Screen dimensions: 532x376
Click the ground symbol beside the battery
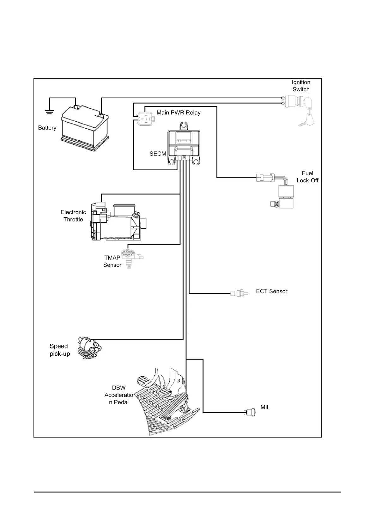click(49, 111)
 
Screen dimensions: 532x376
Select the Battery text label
click(47, 128)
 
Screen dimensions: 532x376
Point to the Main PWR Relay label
click(179, 113)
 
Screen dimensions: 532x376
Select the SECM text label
click(158, 154)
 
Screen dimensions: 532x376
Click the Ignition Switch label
click(301, 86)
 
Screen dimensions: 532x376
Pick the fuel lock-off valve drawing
click(281, 193)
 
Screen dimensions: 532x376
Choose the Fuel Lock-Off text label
click(307, 177)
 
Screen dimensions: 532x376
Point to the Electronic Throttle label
click(73, 216)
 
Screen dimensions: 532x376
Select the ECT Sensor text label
click(272, 291)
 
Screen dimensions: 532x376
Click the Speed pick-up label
click(59, 350)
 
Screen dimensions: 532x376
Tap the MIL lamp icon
click(250, 412)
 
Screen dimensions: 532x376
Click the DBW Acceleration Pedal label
click(119, 395)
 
